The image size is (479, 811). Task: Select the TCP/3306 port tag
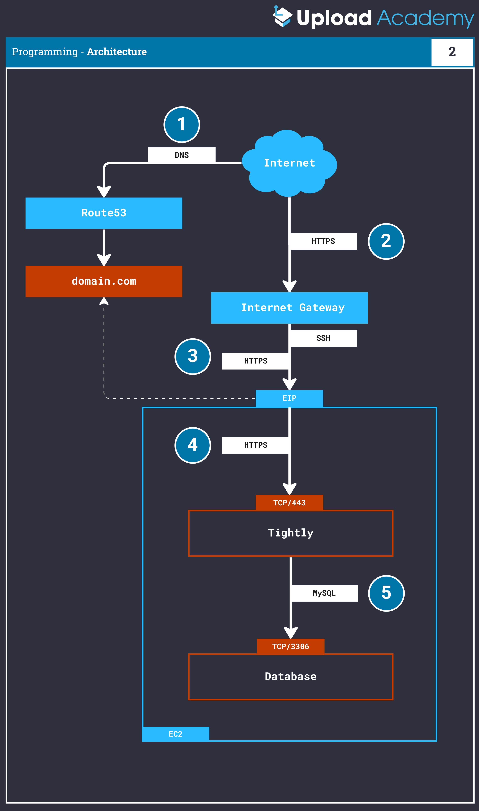pos(290,646)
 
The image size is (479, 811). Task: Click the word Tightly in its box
pos(290,533)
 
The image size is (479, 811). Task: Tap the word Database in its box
pos(290,676)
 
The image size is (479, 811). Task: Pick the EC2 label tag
pos(176,734)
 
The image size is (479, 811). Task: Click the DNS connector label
pos(182,155)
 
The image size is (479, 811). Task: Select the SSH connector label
pos(323,338)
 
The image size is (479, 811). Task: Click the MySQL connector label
pos(324,593)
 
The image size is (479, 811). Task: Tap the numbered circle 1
pos(182,125)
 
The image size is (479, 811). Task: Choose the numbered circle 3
pos(193,356)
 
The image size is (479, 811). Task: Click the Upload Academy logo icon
pos(282,17)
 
